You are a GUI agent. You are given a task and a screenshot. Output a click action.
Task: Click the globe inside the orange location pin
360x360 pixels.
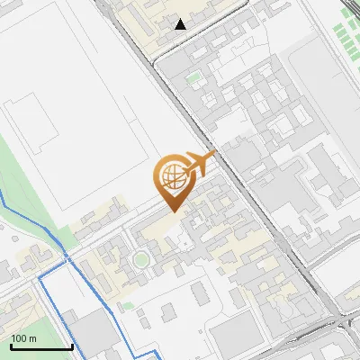click(171, 176)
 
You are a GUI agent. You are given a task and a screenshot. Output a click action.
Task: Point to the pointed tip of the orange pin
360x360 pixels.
click(173, 211)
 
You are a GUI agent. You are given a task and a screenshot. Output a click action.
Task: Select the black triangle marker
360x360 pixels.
click(181, 24)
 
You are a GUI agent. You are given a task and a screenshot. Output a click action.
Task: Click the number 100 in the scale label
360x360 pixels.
click(19, 338)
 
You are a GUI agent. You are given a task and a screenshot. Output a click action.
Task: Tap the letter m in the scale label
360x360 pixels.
click(33, 338)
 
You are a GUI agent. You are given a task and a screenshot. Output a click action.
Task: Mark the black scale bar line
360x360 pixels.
click(41, 346)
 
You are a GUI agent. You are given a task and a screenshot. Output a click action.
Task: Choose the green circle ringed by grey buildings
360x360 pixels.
click(139, 261)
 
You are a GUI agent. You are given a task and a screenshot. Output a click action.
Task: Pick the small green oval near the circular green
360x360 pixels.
click(125, 304)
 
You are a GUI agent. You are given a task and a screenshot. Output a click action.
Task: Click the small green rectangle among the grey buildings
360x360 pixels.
click(193, 78)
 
